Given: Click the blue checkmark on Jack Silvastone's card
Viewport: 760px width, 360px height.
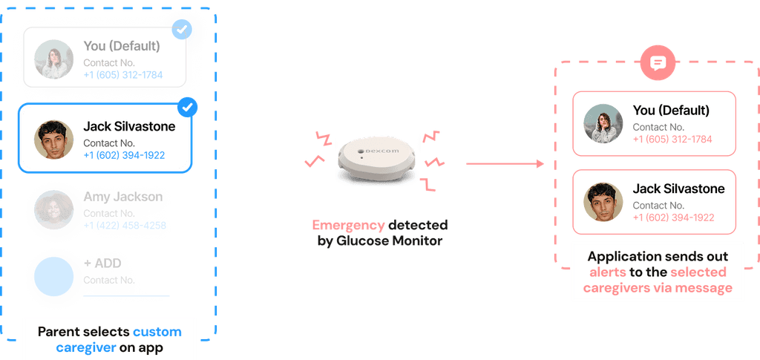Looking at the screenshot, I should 188,108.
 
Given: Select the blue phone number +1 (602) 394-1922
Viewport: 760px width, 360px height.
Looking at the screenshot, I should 124,156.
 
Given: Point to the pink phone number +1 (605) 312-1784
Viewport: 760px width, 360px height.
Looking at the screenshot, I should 672,140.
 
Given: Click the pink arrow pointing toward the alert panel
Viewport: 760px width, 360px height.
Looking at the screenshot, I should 505,163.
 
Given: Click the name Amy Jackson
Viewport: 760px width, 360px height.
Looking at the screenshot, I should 123,197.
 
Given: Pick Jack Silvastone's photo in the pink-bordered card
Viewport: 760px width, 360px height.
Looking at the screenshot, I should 603,201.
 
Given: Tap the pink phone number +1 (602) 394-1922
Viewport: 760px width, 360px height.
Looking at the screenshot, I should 673,217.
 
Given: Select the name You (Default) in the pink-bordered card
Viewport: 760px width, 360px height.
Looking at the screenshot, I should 671,111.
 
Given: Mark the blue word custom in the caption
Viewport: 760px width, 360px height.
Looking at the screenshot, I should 157,331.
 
